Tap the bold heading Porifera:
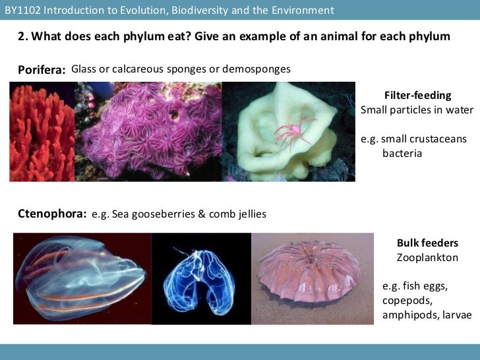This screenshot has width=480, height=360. click(x=42, y=70)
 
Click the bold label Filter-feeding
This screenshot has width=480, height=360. click(x=417, y=96)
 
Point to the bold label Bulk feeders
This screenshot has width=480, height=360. click(x=427, y=243)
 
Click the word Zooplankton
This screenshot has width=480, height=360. click(x=427, y=258)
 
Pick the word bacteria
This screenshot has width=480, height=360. click(x=402, y=154)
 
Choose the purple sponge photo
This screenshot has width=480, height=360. click(x=148, y=132)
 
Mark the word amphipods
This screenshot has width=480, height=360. click(x=408, y=315)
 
